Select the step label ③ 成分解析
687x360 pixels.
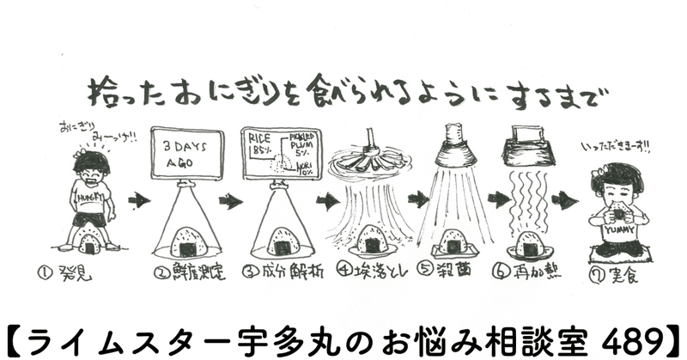coord(278,275)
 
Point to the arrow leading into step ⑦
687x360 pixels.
coord(563,200)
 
